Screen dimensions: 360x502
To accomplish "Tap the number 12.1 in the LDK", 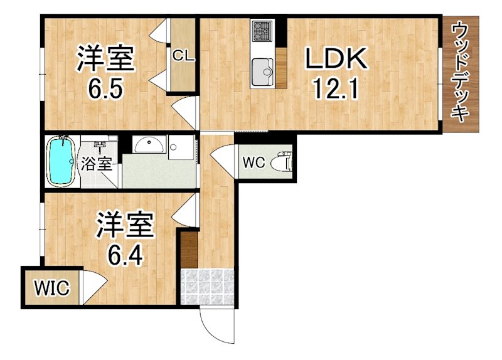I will click(x=335, y=92).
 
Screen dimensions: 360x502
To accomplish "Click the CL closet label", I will click(x=184, y=56).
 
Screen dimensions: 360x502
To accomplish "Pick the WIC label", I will click(x=51, y=289).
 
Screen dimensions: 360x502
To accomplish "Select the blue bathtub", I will click(x=61, y=160).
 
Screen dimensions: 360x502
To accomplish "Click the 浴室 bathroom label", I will click(x=97, y=164).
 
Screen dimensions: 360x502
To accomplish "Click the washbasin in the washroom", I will click(x=149, y=146).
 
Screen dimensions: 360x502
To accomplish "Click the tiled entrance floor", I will click(x=207, y=287).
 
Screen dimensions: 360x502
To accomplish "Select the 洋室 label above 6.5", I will click(x=105, y=59).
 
